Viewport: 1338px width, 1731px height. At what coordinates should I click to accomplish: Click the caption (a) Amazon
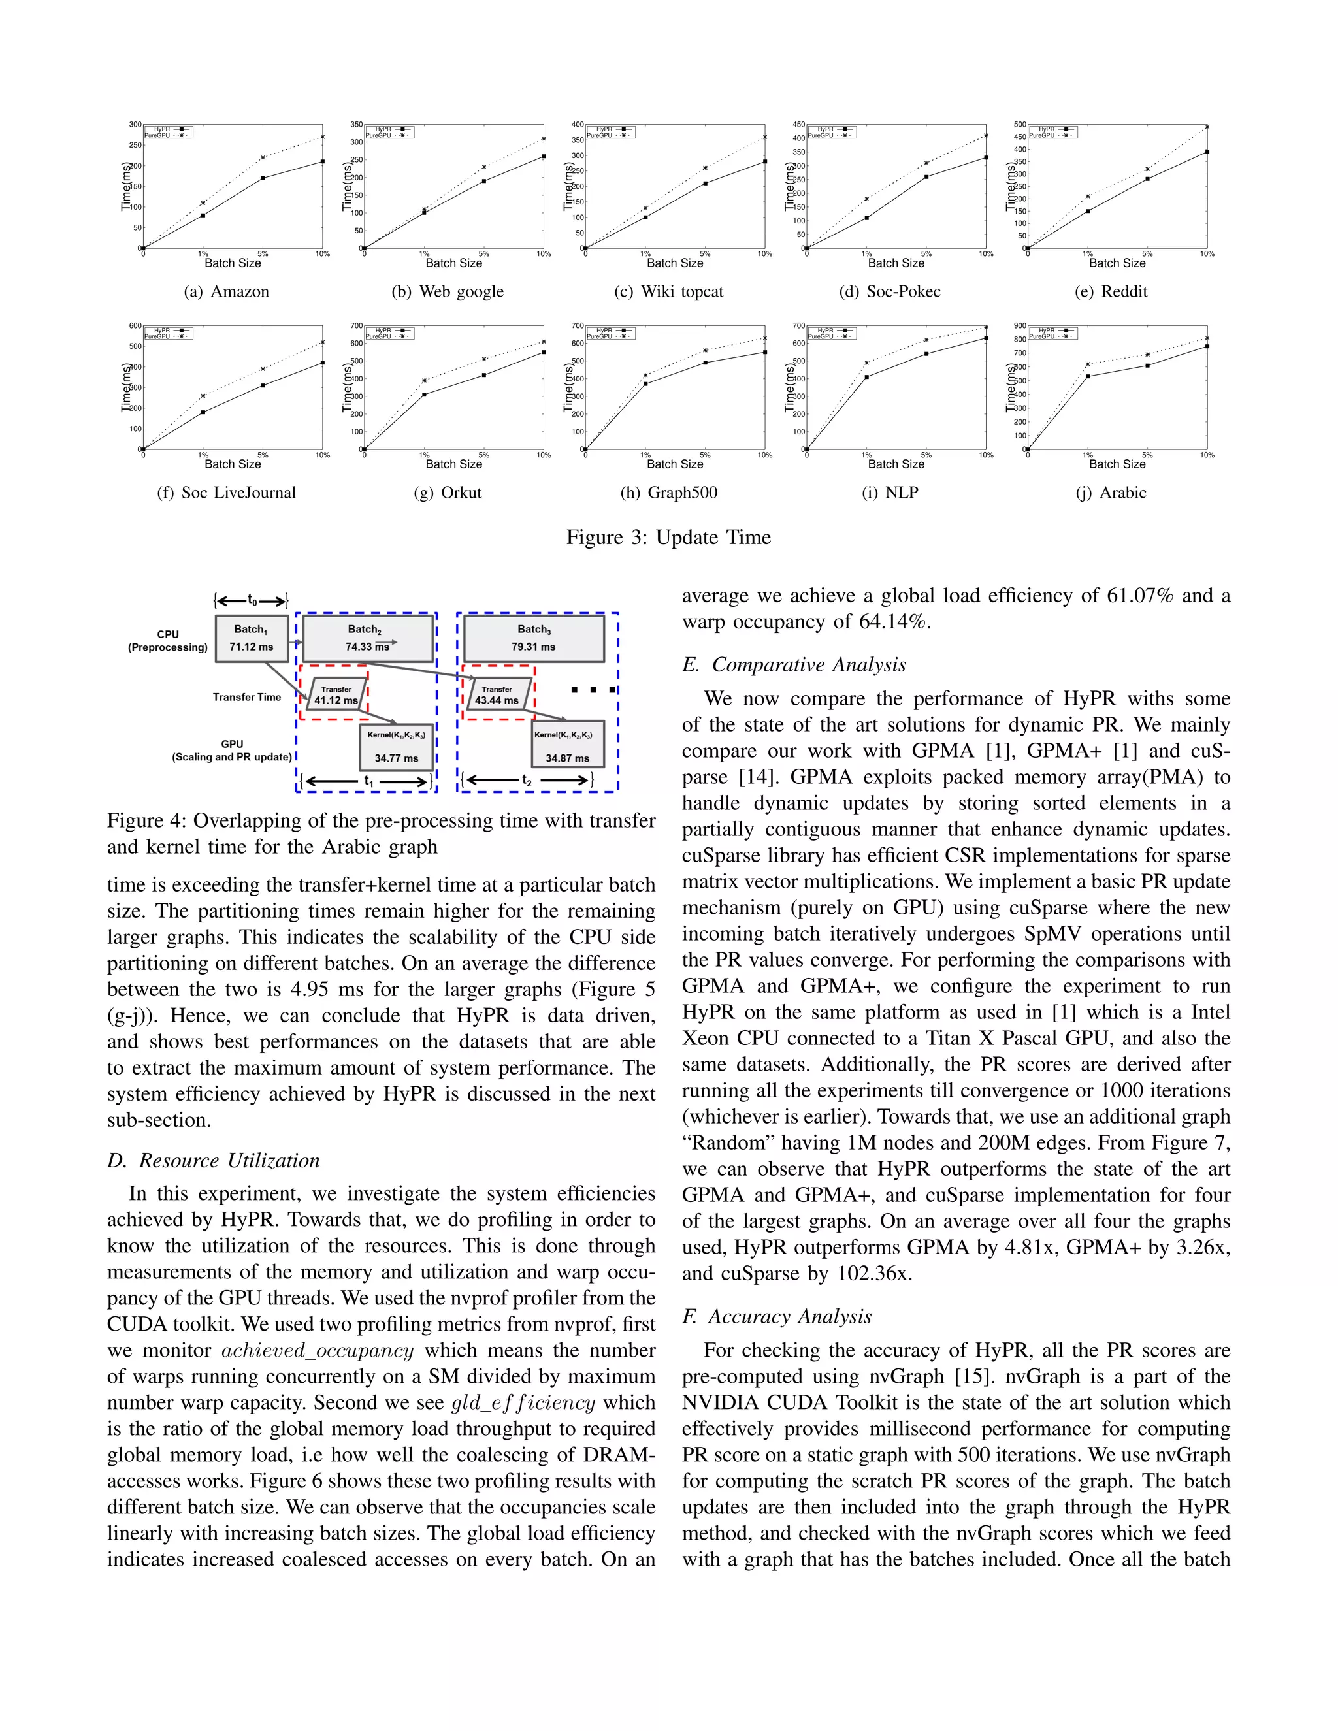pyautogui.click(x=227, y=292)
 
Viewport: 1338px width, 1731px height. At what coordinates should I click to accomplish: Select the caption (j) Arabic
pyautogui.click(x=1111, y=493)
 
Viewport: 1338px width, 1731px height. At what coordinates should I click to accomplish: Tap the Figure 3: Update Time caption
pyautogui.click(x=668, y=538)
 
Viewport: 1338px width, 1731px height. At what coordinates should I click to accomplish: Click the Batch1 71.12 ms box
pyautogui.click(x=252, y=638)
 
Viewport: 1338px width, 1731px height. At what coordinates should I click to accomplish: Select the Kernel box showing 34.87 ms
pyautogui.click(x=568, y=745)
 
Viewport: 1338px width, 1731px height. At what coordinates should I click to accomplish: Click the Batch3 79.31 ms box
pyautogui.click(x=534, y=638)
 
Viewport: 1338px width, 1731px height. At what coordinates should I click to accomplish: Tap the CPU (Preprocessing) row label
pyautogui.click(x=168, y=640)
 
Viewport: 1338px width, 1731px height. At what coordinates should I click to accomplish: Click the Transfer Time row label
pyautogui.click(x=246, y=698)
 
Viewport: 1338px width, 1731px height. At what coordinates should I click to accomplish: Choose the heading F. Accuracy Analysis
pyautogui.click(x=777, y=1316)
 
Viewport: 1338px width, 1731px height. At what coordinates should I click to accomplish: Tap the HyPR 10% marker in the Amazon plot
pyautogui.click(x=323, y=162)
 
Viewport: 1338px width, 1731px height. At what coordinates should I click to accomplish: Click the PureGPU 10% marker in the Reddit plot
pyautogui.click(x=1207, y=127)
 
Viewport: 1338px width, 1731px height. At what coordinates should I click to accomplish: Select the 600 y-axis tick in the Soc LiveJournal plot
pyautogui.click(x=135, y=326)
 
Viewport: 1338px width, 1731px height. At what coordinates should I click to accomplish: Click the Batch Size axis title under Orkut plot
pyautogui.click(x=453, y=464)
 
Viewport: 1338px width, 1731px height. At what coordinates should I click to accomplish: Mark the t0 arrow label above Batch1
pyautogui.click(x=252, y=601)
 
